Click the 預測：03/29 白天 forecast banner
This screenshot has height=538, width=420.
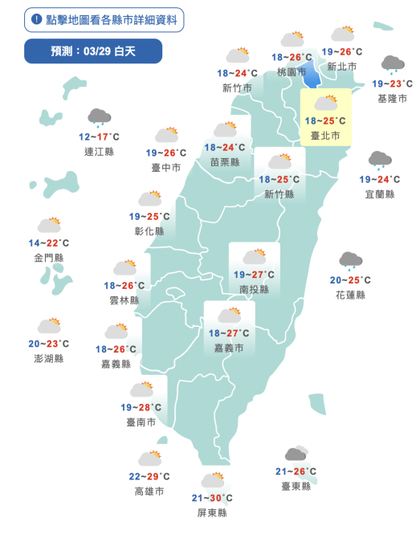93,51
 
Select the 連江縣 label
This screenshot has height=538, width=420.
99,150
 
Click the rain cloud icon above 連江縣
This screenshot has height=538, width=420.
100,118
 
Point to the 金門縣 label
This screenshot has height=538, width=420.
49,258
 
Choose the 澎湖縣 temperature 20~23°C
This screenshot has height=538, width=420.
48,344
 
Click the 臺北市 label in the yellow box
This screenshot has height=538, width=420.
325,137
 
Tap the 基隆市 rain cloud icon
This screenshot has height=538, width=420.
392,65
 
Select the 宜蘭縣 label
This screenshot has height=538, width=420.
379,194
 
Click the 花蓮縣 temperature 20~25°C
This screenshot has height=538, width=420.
350,280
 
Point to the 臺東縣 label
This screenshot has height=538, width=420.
296,486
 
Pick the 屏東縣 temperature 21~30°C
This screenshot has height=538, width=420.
211,498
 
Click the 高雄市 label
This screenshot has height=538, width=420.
149,491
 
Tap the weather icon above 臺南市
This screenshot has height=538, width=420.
142,389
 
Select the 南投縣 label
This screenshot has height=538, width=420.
254,288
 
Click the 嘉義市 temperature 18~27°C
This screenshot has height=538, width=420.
229,333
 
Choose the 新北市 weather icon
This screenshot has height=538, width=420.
343,34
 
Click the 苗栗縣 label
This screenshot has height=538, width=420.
225,161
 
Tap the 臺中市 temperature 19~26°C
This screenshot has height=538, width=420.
166,153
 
